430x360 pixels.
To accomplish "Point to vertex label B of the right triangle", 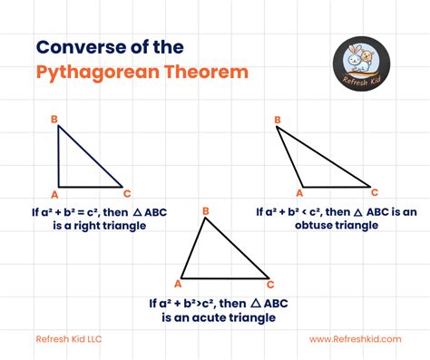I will (54, 119).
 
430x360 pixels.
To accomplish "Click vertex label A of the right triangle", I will (54, 194).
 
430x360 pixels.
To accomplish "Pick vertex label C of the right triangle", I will (127, 193).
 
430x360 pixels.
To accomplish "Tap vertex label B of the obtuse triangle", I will (272, 119).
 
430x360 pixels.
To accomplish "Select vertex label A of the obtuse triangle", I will (300, 192).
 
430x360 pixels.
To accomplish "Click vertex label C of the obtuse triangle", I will (375, 192).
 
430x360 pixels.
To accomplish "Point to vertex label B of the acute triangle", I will (207, 211).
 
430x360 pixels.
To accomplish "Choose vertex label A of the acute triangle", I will (176, 283).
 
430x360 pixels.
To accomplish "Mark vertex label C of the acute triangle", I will (269, 283).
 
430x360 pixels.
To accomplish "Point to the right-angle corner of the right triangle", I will (60, 187).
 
